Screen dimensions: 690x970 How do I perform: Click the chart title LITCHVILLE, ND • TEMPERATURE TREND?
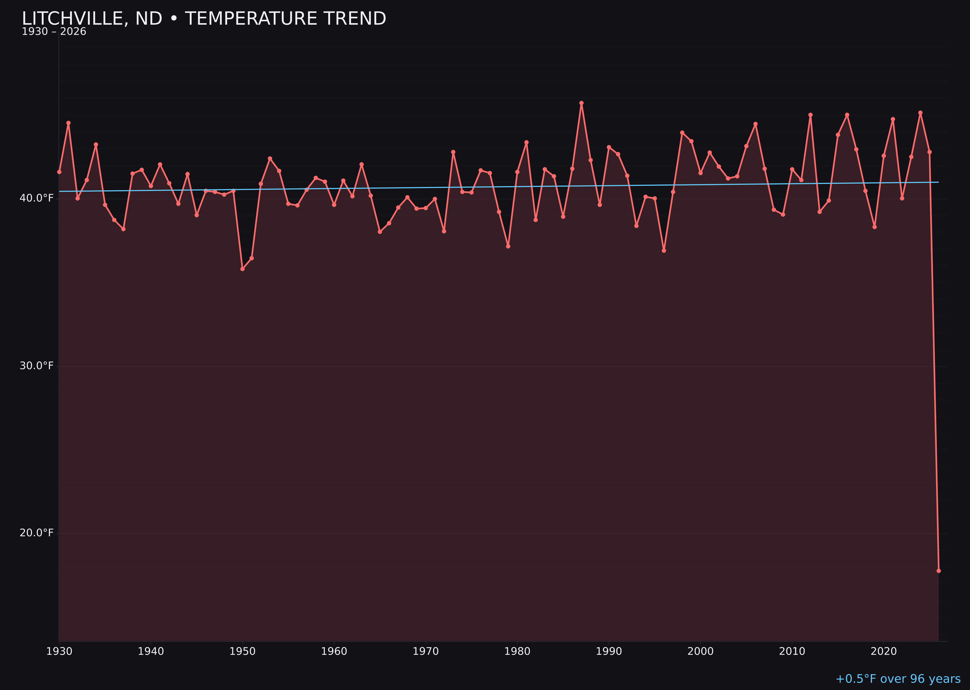tap(204, 19)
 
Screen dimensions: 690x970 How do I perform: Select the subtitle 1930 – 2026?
tap(54, 32)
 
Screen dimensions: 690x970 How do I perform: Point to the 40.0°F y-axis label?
tap(37, 198)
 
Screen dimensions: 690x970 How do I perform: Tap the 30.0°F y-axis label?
tap(37, 366)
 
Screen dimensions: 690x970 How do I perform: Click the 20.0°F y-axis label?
tap(37, 533)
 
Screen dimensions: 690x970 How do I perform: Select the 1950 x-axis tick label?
tap(242, 651)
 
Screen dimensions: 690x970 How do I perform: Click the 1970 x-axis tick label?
tap(426, 651)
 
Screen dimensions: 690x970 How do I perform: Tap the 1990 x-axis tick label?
tap(609, 651)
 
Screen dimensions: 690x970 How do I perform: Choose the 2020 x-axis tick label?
tap(884, 651)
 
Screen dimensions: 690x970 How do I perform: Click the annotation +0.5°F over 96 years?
tap(898, 679)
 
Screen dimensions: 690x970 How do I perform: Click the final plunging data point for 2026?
tap(938, 571)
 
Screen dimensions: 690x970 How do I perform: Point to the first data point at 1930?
tap(59, 172)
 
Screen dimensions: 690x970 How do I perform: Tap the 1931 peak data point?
tap(68, 123)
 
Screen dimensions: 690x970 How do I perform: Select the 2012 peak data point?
tap(810, 115)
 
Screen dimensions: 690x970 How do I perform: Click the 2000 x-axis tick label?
tap(700, 651)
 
